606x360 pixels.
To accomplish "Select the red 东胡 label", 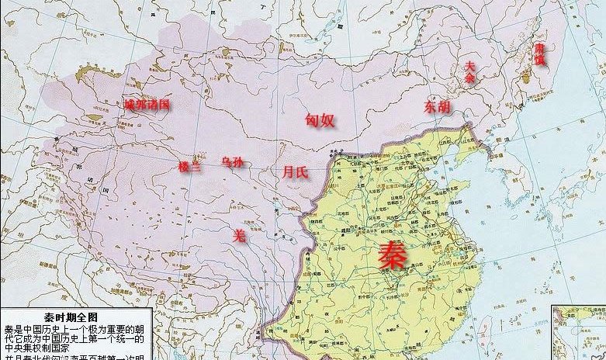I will click(436, 107).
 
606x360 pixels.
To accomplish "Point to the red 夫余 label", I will click(469, 71).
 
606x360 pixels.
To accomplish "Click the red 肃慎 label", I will click(538, 54).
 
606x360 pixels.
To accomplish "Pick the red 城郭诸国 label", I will click(147, 105).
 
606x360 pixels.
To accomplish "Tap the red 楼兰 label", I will click(189, 166).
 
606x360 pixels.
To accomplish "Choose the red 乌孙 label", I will click(232, 162).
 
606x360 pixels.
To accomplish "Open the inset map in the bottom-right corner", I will click(579, 333).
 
